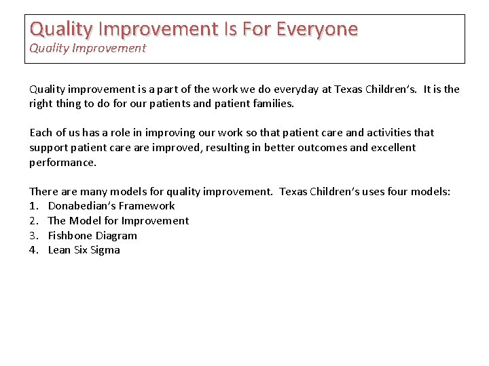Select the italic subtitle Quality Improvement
(87, 48)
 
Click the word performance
(62, 163)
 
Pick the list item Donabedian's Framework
(111, 206)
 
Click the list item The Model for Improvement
(118, 221)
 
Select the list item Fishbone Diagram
(92, 236)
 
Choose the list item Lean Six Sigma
(84, 250)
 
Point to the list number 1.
(33, 206)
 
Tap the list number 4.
(33, 250)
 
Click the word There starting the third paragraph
(43, 192)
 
